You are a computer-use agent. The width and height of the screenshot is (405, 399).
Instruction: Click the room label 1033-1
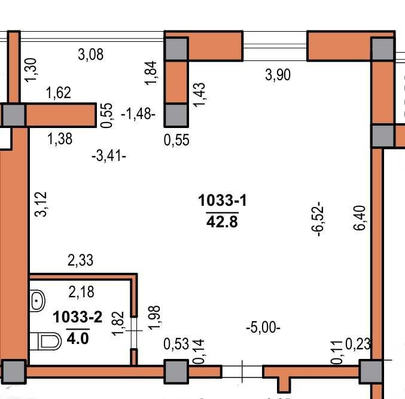tap(223, 200)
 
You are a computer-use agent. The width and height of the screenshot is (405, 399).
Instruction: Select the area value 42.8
tap(222, 221)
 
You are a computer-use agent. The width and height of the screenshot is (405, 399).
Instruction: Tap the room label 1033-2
tap(78, 317)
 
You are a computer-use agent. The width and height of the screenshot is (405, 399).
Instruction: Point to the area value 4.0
tap(78, 338)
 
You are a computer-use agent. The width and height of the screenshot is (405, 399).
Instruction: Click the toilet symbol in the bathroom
tap(45, 341)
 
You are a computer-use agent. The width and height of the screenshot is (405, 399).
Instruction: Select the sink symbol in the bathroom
tap(38, 301)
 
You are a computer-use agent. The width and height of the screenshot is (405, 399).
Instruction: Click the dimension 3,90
tap(278, 75)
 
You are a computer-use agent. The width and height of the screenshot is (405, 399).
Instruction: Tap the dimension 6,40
tap(360, 218)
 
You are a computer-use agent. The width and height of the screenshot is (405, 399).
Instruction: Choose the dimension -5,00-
tap(263, 327)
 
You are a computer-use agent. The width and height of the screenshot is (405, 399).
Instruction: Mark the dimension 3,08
tap(91, 54)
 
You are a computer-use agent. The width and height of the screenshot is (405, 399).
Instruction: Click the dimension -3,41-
tap(109, 156)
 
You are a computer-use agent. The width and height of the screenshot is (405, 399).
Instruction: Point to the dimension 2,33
tap(80, 260)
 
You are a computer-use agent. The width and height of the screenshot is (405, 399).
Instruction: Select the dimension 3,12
tap(41, 204)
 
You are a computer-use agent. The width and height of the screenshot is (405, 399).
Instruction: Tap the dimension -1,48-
tap(138, 114)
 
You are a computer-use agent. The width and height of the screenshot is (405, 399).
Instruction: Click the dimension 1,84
tap(151, 73)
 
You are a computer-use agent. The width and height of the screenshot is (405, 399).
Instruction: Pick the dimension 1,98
tap(154, 318)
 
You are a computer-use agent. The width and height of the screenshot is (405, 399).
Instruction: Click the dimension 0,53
tap(176, 344)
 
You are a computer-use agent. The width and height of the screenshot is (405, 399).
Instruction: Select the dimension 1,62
tap(59, 93)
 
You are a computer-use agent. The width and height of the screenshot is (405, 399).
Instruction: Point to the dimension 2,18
tap(81, 292)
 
